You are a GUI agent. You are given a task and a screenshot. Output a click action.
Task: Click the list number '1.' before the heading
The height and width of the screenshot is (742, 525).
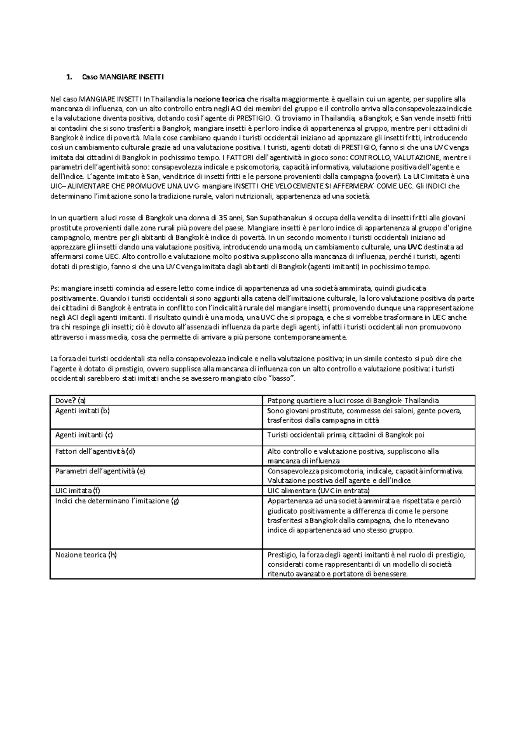(68, 78)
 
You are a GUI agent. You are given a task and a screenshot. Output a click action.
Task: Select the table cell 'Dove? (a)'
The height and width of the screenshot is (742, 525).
(70, 401)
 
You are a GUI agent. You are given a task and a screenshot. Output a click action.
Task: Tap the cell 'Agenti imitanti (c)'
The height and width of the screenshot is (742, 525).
(84, 435)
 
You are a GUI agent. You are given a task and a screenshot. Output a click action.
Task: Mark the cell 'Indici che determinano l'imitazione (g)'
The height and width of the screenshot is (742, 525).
(117, 501)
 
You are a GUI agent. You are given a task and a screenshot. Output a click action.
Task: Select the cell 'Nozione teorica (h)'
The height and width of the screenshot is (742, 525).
(86, 555)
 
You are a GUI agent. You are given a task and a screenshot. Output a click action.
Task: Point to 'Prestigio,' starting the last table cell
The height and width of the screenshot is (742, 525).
(282, 555)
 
